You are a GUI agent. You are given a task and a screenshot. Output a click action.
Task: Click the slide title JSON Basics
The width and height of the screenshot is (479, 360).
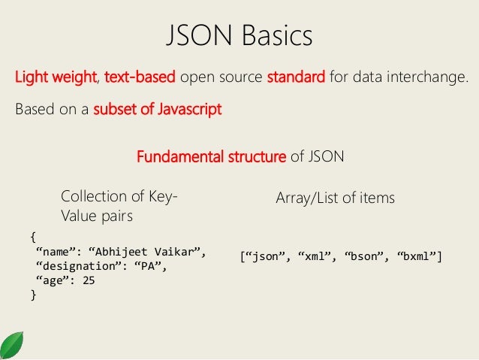tap(239, 35)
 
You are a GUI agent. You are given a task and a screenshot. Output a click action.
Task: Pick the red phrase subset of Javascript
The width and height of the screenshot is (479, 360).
tap(157, 110)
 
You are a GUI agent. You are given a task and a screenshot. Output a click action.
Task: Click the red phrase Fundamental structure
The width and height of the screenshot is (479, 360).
tap(211, 158)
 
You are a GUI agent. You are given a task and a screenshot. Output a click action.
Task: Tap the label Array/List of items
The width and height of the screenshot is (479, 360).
tap(336, 198)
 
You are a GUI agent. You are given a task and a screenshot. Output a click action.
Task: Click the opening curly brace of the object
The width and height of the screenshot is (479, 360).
tap(32, 236)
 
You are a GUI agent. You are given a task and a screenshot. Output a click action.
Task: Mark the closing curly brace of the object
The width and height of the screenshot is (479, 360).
tap(32, 295)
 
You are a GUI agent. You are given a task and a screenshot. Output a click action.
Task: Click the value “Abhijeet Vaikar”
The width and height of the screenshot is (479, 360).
tap(154, 250)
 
